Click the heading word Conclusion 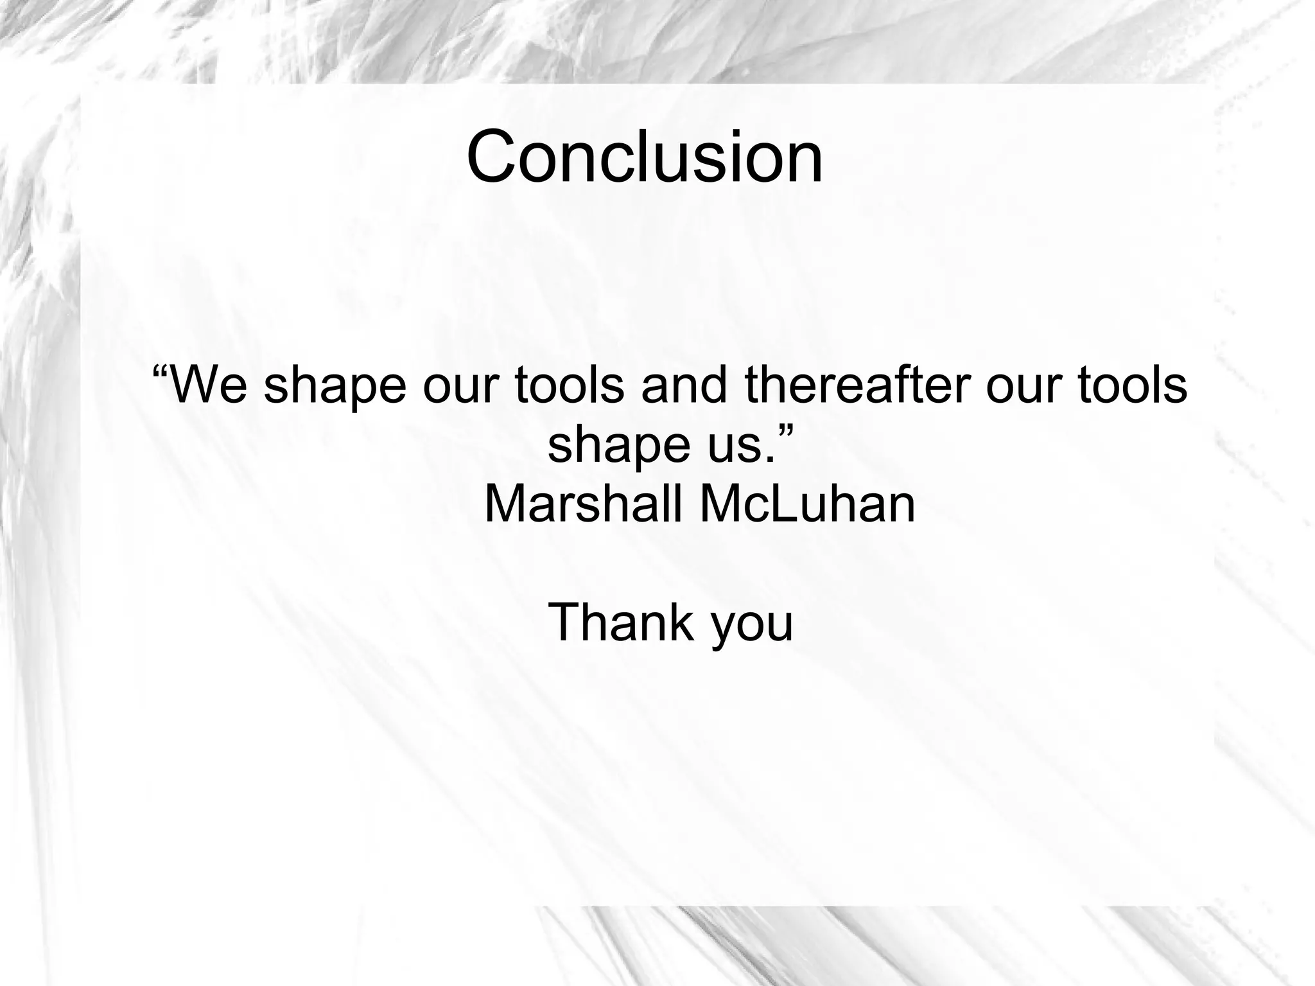[x=644, y=157]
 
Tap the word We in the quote [x=209, y=385]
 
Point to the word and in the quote [x=684, y=385]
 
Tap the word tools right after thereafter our [x=1132, y=385]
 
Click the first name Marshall [x=583, y=504]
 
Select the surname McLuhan [x=806, y=504]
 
